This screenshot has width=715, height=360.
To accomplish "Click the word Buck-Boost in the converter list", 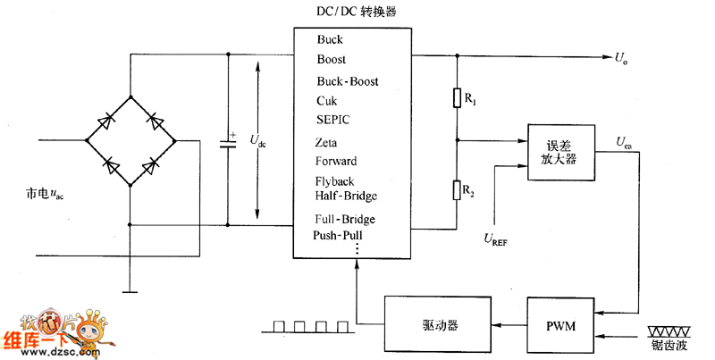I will coord(347,81).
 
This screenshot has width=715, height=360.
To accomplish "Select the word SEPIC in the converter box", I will coord(332,119).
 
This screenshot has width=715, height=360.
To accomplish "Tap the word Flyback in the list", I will coord(334,181).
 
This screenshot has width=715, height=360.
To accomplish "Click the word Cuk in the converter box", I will coord(325,101).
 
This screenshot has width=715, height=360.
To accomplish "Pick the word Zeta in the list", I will coord(327,142).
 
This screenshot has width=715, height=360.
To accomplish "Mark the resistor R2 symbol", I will coord(457,189).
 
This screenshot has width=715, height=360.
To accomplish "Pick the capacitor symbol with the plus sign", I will coord(228,145).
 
